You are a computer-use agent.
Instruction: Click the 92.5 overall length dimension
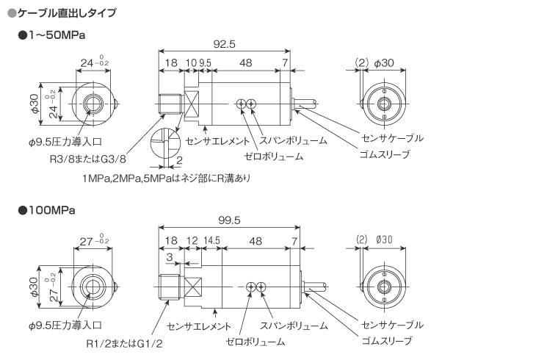point(225,44)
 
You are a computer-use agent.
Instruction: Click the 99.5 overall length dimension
point(230,220)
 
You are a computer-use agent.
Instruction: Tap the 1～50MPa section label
point(57,35)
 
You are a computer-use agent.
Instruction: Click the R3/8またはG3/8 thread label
point(88,159)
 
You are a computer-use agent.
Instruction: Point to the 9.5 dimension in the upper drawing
point(205,63)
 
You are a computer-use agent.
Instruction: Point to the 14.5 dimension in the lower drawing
point(212,240)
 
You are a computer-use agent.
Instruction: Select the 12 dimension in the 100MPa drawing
point(192,240)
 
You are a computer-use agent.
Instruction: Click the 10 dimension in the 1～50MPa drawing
point(191,63)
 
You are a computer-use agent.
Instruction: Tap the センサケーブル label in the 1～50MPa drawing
point(394,138)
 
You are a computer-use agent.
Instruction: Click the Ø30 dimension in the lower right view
point(384,240)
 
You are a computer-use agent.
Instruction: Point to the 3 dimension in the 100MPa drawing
point(169,256)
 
